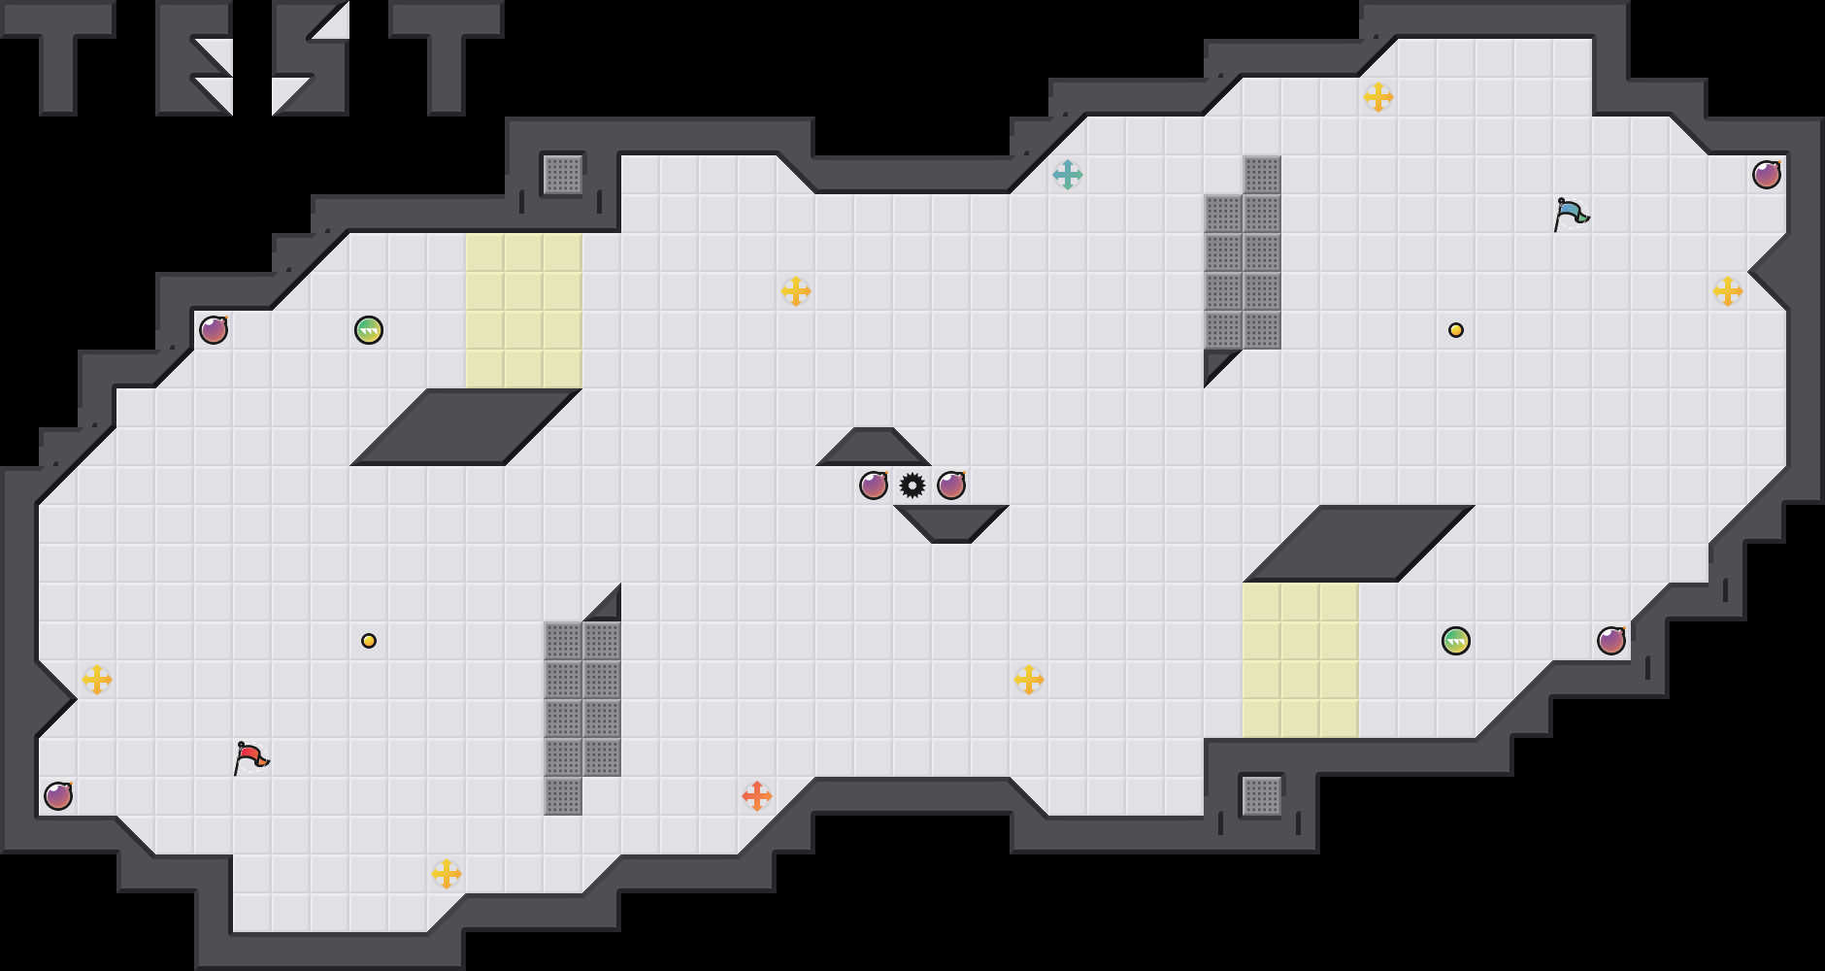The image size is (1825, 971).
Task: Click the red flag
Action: tap(250, 756)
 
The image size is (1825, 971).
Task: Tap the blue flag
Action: tap(1570, 213)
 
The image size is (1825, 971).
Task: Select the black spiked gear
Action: tap(912, 485)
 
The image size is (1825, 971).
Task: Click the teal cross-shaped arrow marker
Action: tap(1068, 175)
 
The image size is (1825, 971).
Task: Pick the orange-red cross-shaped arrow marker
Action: tap(757, 796)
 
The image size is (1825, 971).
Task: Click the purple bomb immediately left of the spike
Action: tap(874, 485)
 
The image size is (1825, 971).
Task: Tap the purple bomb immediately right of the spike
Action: tap(951, 485)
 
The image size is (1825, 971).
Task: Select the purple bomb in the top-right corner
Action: tap(1767, 175)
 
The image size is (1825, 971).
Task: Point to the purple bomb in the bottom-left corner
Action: tap(58, 796)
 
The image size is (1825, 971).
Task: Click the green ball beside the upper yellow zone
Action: tap(369, 330)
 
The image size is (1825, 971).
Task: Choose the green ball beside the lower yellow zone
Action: tap(1456, 641)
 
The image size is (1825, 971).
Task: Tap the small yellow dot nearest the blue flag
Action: tap(1456, 330)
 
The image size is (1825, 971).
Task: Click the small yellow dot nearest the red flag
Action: tap(369, 641)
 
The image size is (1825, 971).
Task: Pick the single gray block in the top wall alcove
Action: tap(563, 175)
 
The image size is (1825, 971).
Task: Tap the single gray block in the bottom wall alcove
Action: tap(1262, 796)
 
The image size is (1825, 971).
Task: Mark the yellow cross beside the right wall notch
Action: tap(1728, 291)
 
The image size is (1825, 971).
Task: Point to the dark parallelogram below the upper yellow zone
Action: tap(466, 427)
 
